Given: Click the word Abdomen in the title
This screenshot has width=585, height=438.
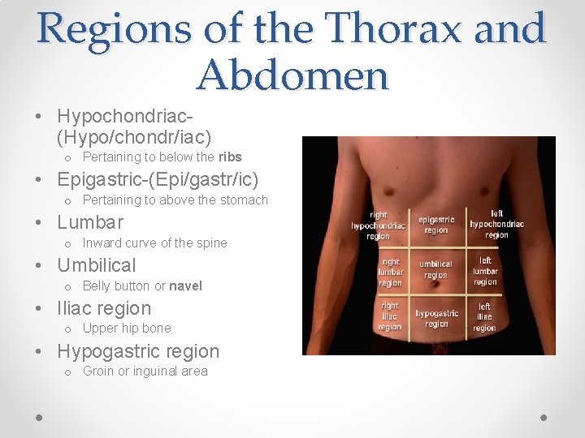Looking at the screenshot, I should point(292,76).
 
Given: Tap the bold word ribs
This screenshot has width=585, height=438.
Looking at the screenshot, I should point(230,157).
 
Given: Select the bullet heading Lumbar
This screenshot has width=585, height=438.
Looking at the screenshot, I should point(90,222).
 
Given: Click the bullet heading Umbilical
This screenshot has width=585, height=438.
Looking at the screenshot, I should point(97,265).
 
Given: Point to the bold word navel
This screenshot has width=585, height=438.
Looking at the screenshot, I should point(186,286).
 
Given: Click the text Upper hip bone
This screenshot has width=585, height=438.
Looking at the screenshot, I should point(127,328).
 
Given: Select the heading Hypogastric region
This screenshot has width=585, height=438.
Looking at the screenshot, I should point(138,351).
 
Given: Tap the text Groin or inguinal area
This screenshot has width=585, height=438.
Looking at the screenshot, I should point(145,371).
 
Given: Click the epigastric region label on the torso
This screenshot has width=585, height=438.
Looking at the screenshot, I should point(436,225).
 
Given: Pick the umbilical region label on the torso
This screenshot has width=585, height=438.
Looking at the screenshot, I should point(435,269).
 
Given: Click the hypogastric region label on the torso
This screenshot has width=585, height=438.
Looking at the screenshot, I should point(436,318).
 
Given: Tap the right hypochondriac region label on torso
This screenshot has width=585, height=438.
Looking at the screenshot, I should point(378,226).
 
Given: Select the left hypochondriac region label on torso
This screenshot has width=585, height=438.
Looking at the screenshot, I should point(496,225).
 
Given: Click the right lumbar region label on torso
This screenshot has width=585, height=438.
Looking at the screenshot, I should point(390,273).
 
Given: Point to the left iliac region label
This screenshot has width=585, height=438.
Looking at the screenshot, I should point(484,317).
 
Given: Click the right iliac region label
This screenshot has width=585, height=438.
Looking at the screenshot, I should point(389,316).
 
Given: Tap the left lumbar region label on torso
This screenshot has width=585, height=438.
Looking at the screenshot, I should point(485,271).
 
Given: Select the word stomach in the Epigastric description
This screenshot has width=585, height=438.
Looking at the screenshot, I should point(245,200).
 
